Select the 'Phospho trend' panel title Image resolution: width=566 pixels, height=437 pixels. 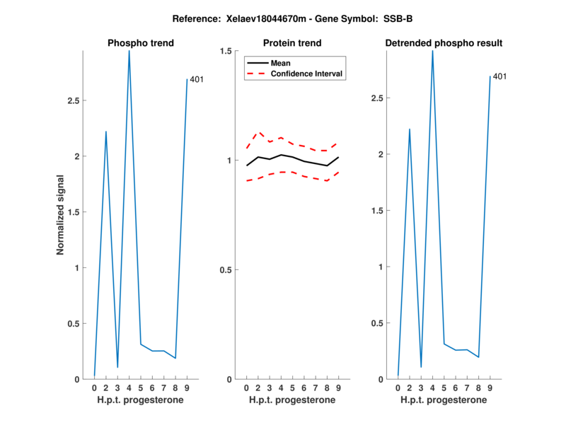tap(141, 43)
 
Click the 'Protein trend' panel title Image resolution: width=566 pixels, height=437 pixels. tap(292, 43)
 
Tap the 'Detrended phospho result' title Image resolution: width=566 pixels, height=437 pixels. tap(444, 43)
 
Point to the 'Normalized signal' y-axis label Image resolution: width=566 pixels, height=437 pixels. tap(61, 215)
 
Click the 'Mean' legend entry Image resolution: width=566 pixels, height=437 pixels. tap(281, 63)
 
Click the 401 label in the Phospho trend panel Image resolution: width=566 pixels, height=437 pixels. tap(197, 79)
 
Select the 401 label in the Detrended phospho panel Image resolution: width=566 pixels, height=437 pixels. tap(499, 76)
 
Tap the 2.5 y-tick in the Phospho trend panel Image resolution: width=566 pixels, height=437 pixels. tap(73, 100)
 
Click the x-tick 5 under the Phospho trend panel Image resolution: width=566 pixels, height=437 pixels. tap(141, 388)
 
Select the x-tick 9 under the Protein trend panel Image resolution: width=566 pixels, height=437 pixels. tap(338, 388)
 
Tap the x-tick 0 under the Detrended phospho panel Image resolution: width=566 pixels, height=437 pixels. tap(398, 388)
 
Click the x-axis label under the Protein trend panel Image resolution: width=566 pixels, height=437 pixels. tap(292, 400)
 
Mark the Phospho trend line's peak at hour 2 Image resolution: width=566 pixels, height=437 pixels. tap(106, 132)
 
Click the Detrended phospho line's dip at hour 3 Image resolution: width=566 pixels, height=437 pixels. tap(421, 367)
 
